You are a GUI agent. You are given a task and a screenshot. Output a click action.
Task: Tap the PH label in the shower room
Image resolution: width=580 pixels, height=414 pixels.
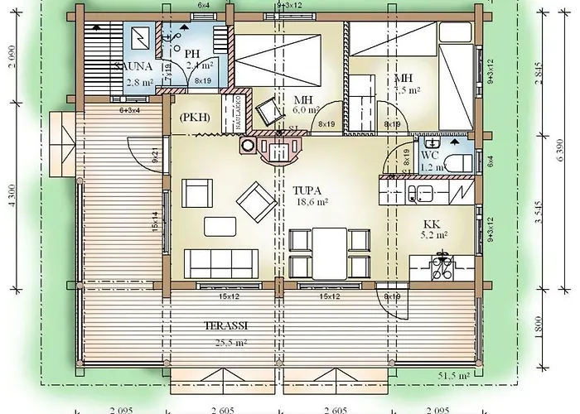pos(193,54)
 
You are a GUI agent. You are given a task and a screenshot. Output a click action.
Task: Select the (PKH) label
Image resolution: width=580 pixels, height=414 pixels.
pos(194,117)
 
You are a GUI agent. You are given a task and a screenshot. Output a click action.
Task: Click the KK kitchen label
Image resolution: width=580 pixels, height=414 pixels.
pos(431,224)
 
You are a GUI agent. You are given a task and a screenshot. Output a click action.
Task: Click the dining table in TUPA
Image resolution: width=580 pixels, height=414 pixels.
pos(330,249)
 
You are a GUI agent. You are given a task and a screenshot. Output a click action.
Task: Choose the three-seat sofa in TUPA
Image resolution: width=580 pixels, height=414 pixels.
pos(214,262)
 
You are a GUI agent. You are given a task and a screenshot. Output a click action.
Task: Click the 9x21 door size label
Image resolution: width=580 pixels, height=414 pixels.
pos(156,154)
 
